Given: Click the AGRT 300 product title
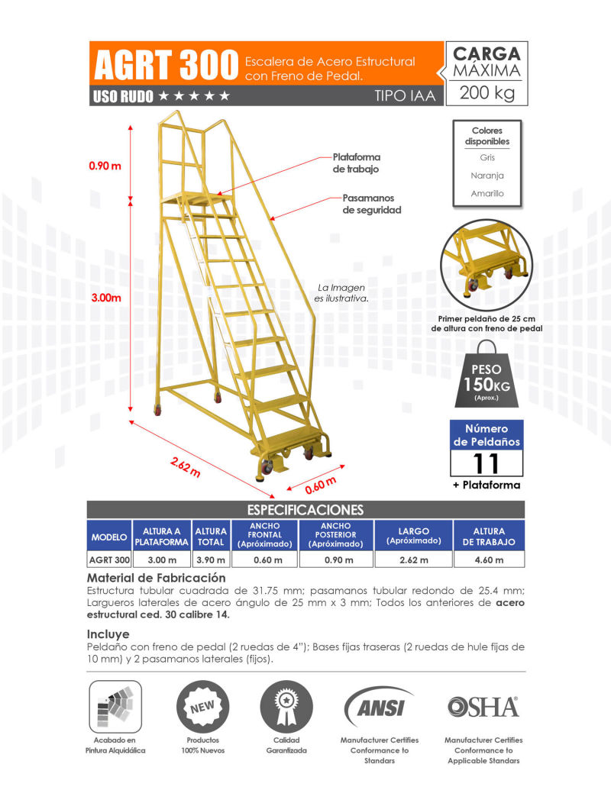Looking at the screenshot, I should pyautogui.click(x=163, y=66).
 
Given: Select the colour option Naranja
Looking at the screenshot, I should pyautogui.click(x=487, y=176).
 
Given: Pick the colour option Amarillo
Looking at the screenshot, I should pyautogui.click(x=487, y=194).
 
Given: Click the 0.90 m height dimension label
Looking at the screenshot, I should pyautogui.click(x=105, y=165).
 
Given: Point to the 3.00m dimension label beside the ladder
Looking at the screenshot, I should pyautogui.click(x=106, y=298).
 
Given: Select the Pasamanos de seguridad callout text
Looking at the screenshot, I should pyautogui.click(x=371, y=204).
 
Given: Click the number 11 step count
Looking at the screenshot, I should pyautogui.click(x=487, y=463).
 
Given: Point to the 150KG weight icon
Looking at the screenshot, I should pyautogui.click(x=487, y=375).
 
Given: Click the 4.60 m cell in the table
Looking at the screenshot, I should pyautogui.click(x=489, y=560).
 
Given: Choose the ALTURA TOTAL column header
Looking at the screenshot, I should pyautogui.click(x=211, y=537).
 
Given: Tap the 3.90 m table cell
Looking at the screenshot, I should pyautogui.click(x=211, y=560).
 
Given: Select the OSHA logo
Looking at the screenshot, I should pyautogui.click(x=483, y=707).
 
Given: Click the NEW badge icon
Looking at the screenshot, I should pyautogui.click(x=202, y=707).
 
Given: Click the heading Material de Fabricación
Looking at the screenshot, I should pyautogui.click(x=157, y=579).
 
